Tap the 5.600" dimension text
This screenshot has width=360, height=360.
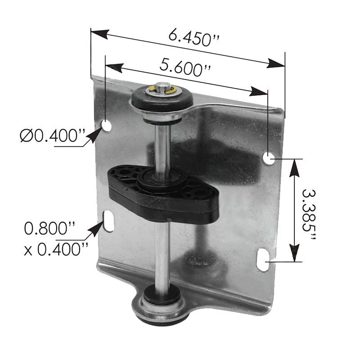click(185, 68)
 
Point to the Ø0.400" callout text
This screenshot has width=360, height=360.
click(52, 136)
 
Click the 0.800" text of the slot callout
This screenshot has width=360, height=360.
click(49, 228)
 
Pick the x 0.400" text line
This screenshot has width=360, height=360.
click(56, 249)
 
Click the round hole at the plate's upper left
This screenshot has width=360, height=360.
click(106, 126)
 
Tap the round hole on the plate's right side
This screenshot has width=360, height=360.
click(269, 158)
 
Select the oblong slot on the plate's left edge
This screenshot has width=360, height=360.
click(108, 221)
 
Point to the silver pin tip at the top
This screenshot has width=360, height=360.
click(162, 87)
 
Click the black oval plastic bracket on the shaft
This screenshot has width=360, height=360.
click(163, 196)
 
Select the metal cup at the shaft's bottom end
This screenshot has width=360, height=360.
click(161, 306)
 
